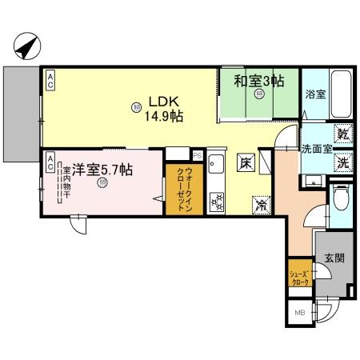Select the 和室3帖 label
[258, 81]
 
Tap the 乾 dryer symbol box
[342, 134]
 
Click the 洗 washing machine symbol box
[342, 159]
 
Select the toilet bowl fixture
[340, 197]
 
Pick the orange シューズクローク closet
[299, 276]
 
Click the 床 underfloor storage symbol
[245, 162]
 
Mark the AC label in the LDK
[50, 78]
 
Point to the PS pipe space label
[197, 155]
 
